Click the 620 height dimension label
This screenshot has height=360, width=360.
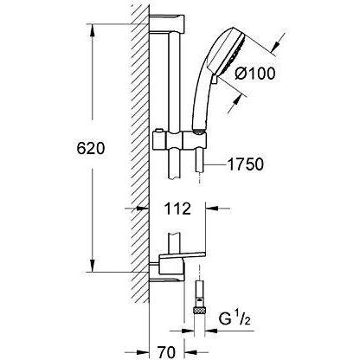pyautogui.click(x=91, y=149)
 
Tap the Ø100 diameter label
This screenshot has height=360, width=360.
pyautogui.click(x=255, y=74)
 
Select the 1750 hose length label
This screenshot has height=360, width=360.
pyautogui.click(x=246, y=164)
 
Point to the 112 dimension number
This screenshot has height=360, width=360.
pyautogui.click(x=177, y=209)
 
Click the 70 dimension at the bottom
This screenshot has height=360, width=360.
pyautogui.click(x=167, y=352)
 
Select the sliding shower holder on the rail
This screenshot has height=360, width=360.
pyautogui.click(x=180, y=139)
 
